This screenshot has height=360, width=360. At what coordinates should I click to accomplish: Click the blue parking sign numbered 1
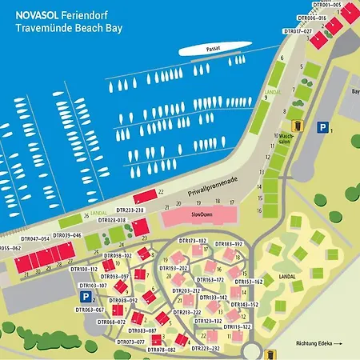(x=322, y=126)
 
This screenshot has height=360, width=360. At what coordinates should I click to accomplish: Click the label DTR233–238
(x=128, y=210)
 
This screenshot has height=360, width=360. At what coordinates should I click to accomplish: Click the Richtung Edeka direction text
(x=314, y=342)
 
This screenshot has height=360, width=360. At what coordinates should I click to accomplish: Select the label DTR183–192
(x=228, y=243)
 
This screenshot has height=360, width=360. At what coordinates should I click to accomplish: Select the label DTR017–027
(x=298, y=31)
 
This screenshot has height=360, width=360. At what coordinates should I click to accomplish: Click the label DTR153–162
(x=248, y=282)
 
